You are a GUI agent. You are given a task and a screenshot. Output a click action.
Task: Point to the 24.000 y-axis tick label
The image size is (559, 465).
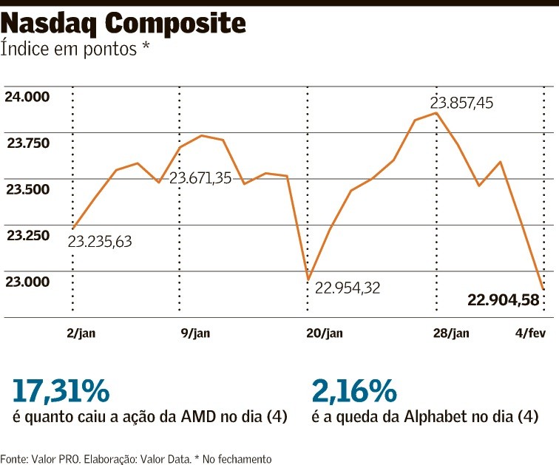coord(28,97)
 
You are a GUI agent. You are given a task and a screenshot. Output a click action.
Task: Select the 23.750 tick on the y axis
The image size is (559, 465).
coord(28,143)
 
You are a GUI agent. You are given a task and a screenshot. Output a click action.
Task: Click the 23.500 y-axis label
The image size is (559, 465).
coord(28,189)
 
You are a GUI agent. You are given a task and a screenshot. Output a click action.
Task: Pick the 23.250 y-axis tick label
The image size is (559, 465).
coord(28,235)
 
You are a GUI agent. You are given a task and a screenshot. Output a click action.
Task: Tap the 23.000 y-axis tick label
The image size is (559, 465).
coord(28,281)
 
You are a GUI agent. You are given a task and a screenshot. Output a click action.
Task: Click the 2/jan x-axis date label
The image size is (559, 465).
coord(81,333)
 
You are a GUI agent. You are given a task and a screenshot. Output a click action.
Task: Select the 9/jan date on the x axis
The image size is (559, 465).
coord(195,333)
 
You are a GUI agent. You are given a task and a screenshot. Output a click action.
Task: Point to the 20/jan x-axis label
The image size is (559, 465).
coord(325,333)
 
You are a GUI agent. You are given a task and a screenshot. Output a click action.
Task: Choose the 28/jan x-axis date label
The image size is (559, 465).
coord(451,333)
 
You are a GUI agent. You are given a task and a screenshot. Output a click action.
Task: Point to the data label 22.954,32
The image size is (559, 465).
coord(348,288)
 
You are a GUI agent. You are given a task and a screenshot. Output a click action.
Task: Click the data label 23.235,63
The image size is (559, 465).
coord(100,242)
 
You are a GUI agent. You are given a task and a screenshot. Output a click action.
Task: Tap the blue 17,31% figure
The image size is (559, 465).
coord(61,390)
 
